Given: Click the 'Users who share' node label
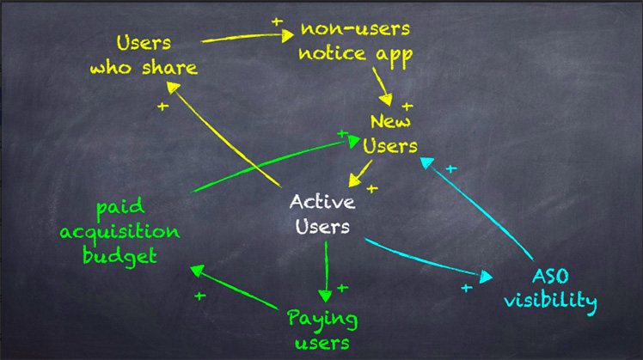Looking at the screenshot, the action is tap(144, 55).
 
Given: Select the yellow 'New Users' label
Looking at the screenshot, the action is tap(389, 134).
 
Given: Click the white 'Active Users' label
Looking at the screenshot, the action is tap(322, 215).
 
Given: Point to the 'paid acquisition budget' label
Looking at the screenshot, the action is tap(119, 232).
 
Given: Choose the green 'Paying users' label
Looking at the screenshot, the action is tap(322, 330).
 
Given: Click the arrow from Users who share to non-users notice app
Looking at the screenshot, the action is tap(248, 37).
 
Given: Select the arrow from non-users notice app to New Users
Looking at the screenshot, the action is tap(383, 87).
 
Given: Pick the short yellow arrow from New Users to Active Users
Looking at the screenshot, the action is tap(360, 174).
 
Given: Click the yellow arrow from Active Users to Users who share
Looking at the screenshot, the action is tap(224, 135).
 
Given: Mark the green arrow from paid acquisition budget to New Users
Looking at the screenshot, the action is tap(276, 163).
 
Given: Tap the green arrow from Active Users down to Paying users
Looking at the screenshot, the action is tap(326, 272).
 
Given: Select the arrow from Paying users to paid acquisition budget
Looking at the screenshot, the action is tap(234, 287).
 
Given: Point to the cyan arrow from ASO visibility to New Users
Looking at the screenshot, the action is tap(476, 209).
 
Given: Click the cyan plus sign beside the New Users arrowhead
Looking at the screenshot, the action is tap(451, 168).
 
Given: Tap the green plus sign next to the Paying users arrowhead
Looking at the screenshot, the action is tap(343, 288).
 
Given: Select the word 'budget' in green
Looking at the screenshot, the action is tap(119, 256).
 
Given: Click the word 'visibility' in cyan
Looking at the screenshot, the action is tap(550, 302).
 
